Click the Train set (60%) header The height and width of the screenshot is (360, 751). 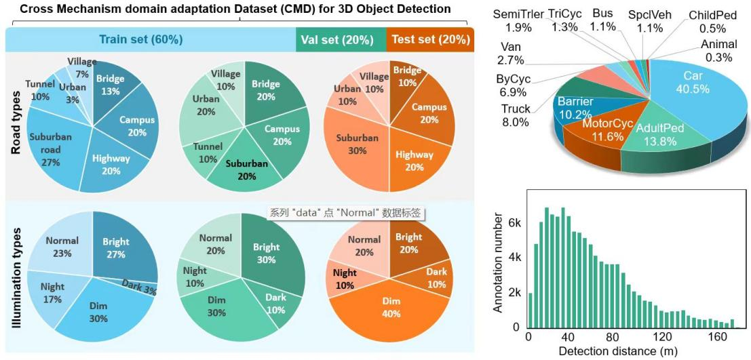(141, 39)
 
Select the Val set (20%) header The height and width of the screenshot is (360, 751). (340, 39)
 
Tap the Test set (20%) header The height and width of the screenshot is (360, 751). (429, 39)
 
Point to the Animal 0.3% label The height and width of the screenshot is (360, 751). (718, 52)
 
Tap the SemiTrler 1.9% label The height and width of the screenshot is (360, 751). (514, 20)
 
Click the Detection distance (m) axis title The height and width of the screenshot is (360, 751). (619, 351)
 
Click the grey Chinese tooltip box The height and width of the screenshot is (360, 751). (346, 213)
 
